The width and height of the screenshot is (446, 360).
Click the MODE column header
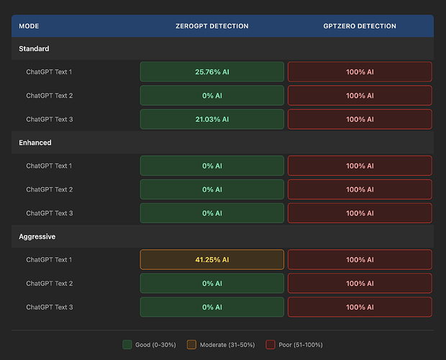[x=29, y=26]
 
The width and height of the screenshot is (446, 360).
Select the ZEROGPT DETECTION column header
[x=212, y=26]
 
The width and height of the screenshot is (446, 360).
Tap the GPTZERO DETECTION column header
[x=360, y=26]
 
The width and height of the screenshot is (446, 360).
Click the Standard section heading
[x=34, y=49]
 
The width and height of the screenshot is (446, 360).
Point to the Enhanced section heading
[x=35, y=143]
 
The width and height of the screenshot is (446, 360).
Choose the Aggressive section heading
[x=37, y=236]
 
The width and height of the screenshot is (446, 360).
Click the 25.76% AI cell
[x=212, y=72]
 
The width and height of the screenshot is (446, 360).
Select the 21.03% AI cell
[x=212, y=120]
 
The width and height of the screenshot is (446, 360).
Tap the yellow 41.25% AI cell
[x=212, y=259]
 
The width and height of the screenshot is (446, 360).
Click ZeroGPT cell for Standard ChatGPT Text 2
[x=212, y=96]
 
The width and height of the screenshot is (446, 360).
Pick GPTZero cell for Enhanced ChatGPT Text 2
[x=360, y=189]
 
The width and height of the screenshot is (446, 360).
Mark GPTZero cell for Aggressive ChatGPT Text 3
[x=360, y=307]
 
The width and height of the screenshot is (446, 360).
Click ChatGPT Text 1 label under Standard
[x=49, y=72]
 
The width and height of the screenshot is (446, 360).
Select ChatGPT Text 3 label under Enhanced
[x=50, y=213]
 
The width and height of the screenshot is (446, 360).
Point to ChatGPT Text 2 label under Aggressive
[x=50, y=284]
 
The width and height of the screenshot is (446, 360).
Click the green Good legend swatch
[x=127, y=345]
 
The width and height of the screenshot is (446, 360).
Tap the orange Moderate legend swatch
[x=191, y=345]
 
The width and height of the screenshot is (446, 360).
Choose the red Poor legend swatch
[x=270, y=345]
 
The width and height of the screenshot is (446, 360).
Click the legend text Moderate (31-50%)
[x=227, y=345]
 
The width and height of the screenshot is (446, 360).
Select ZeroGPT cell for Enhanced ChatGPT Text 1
[x=212, y=166]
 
